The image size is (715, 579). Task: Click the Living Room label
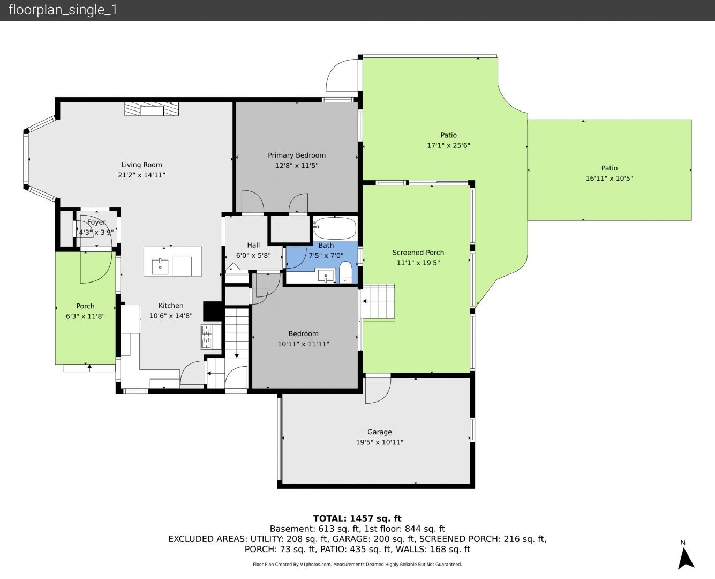[x=141, y=165]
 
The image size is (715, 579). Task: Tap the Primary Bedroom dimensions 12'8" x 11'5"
[x=296, y=165]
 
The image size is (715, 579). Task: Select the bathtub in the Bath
[x=335, y=228]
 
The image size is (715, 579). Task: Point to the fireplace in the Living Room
[x=152, y=109]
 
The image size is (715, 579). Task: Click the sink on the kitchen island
[x=160, y=266]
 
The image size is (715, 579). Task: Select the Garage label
[x=379, y=432]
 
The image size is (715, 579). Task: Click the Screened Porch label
[x=418, y=253]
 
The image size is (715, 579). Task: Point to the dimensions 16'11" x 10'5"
[x=609, y=179]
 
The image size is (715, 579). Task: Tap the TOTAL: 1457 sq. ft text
[x=357, y=518]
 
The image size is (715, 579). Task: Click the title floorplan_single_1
[x=63, y=10]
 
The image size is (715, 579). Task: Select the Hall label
[x=253, y=246]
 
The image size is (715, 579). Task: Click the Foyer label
[x=96, y=222]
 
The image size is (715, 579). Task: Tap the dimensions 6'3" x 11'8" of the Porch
[x=85, y=316]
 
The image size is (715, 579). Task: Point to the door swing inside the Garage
[x=378, y=390]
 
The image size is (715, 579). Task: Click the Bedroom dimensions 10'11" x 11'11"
[x=303, y=344]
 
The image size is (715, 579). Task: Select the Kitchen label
[x=171, y=306]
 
